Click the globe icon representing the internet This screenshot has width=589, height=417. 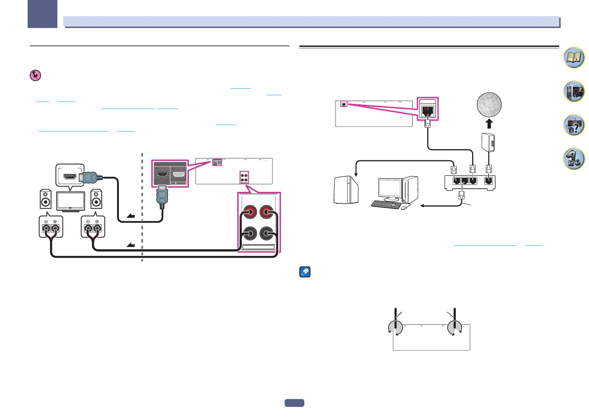coord(489,105)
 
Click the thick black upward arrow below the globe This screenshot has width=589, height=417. coord(489,124)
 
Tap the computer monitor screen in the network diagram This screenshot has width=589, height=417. coord(390,189)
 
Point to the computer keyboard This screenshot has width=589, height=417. coord(386,204)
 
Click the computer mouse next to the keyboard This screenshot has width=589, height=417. coord(404,208)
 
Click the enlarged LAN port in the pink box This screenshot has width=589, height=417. coord(428,112)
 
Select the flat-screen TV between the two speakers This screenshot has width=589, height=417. coord(70,201)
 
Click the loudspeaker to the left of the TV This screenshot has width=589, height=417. coord(45,199)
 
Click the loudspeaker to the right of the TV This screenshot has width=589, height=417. coord(96,199)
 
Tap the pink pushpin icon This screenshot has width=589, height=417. coord(35,76)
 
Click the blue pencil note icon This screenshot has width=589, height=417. coord(305,272)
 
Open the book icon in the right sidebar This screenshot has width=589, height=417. coord(574,58)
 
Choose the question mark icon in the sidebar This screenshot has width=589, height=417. coord(574,125)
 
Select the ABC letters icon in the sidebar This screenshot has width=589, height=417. coord(574,159)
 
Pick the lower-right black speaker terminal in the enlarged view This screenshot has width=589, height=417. coord(267,234)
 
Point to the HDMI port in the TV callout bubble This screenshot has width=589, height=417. coord(70,176)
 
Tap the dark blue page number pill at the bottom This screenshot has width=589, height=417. coord(294,403)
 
